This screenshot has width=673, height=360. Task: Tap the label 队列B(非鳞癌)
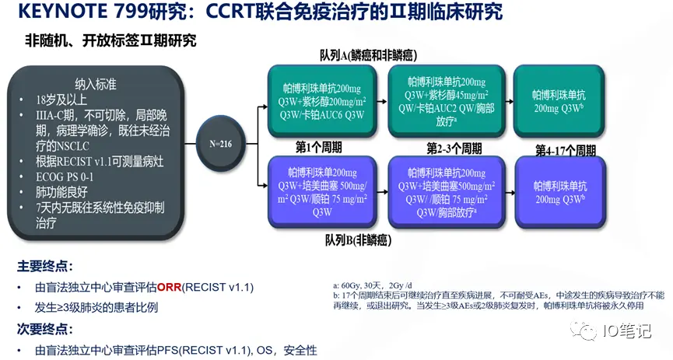[x=362, y=240]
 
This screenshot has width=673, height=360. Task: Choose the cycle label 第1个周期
[x=318, y=146]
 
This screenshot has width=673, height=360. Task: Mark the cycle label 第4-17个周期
[x=566, y=149]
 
